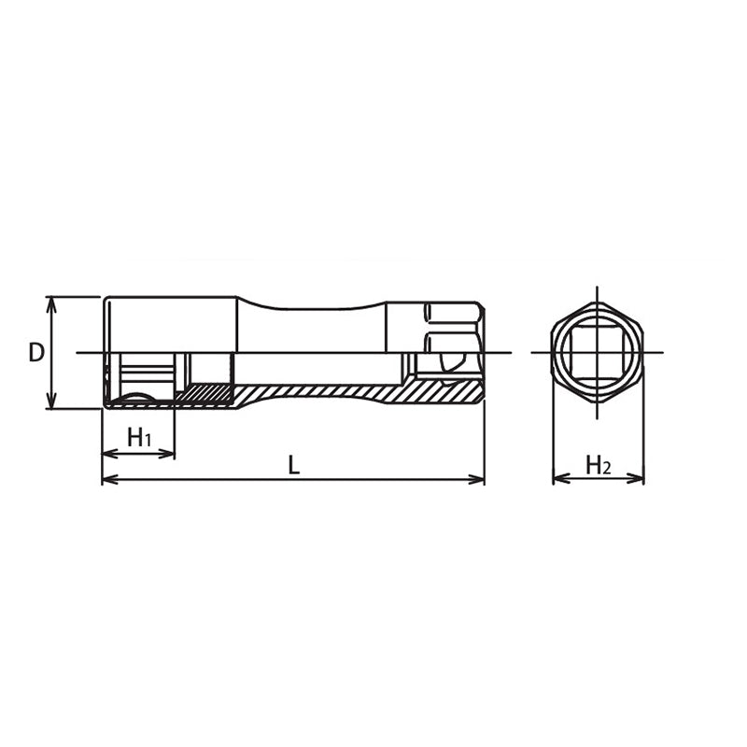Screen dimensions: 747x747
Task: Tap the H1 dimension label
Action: (x=138, y=437)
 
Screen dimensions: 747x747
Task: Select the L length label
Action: (x=293, y=464)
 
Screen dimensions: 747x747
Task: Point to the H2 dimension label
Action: (x=597, y=464)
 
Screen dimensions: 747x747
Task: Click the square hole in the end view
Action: (x=597, y=353)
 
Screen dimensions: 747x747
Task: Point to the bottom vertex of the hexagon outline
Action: (x=597, y=402)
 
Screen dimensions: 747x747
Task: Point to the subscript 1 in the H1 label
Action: (x=147, y=441)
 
